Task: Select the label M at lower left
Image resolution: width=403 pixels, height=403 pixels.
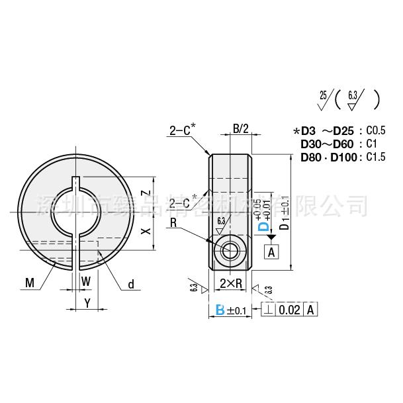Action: point(29,284)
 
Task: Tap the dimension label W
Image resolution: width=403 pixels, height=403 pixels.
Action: point(85,281)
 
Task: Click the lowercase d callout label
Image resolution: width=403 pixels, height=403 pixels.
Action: point(130,284)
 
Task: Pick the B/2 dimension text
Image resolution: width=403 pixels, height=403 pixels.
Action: point(240,130)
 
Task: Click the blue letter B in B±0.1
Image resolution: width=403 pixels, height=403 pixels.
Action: point(219,309)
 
